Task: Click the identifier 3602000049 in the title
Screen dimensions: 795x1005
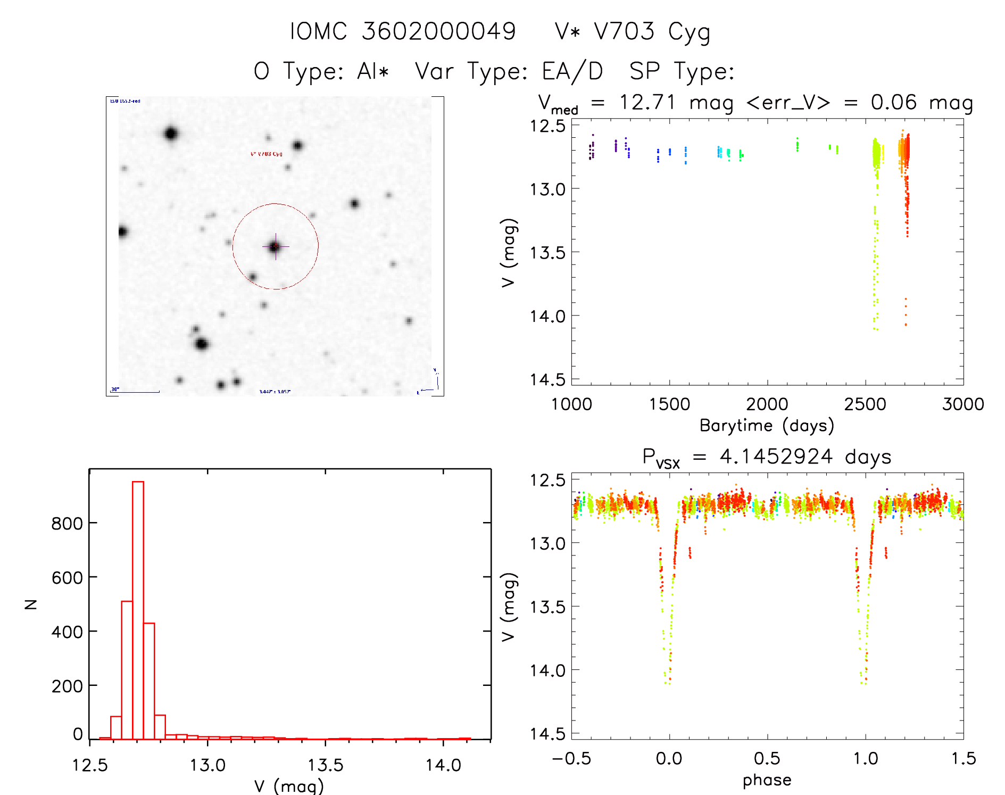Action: pos(439,31)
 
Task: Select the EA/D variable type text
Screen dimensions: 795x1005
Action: pos(572,71)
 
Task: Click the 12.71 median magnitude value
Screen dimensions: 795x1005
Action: pos(647,102)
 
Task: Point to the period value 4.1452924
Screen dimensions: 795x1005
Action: pos(776,457)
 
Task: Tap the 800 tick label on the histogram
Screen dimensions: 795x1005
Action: pos(67,524)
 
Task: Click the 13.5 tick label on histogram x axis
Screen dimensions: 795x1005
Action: pos(326,765)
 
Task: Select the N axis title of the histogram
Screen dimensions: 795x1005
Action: pos(31,604)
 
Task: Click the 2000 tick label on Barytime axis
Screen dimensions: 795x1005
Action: pos(767,404)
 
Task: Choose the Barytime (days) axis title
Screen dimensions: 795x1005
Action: pos(767,426)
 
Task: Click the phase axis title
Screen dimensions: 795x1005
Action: pos(767,780)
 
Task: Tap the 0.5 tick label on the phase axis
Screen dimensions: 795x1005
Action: pos(767,758)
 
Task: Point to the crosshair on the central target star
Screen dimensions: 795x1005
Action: pos(275,246)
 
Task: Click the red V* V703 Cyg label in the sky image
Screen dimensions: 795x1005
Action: pos(266,154)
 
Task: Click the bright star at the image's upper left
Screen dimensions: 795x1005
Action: pos(171,133)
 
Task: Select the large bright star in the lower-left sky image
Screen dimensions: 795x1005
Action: pos(201,344)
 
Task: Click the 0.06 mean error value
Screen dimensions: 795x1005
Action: pos(894,102)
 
